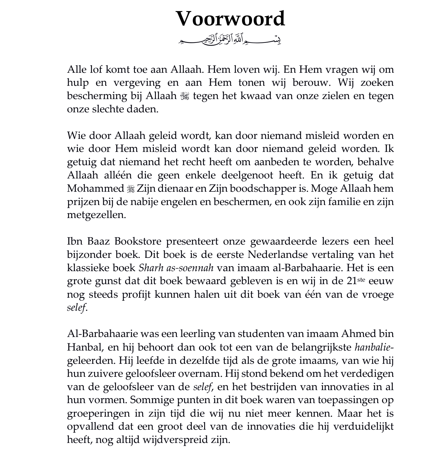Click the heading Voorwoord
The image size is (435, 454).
(230, 19)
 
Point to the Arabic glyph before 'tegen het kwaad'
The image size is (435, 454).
(185, 96)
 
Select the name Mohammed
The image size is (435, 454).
(95, 188)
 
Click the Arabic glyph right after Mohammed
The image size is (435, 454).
(130, 189)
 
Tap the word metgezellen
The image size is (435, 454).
(96, 215)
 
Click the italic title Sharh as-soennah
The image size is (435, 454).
(176, 268)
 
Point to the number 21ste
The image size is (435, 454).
(355, 281)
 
